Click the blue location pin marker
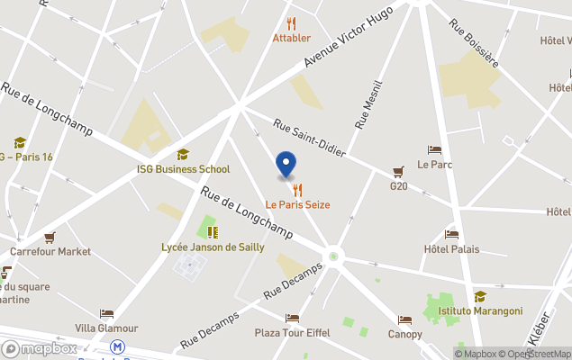[x=285, y=165]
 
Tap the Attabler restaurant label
[x=292, y=38]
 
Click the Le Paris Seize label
[x=297, y=204]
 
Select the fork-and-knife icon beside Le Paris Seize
[x=297, y=190]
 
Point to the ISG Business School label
[x=183, y=169]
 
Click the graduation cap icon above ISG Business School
[x=183, y=155]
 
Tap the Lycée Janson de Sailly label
[x=213, y=247]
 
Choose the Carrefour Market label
[x=50, y=252]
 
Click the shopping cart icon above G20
[x=398, y=172]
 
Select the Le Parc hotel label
[x=434, y=165]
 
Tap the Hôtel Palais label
[x=451, y=249]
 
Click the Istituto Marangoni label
[x=480, y=310]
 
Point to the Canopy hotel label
[x=405, y=334]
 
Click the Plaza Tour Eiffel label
[x=292, y=332]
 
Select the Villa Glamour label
[x=106, y=328]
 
